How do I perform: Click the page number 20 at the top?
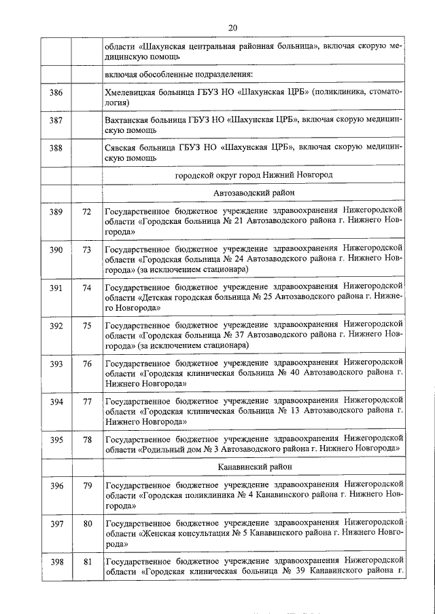coord(232,28)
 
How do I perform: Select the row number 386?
coord(56,92)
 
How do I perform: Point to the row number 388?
coord(56,147)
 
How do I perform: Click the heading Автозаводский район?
coord(254,193)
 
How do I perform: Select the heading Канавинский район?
coord(254,467)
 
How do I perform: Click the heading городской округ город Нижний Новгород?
coord(254,174)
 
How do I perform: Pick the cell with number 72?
coord(86,212)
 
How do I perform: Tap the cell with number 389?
coord(56,212)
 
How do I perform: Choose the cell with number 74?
coord(86,288)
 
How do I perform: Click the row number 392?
coord(56,326)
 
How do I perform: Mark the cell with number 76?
coord(86,364)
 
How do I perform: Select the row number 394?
coord(56,402)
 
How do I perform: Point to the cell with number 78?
coord(86,440)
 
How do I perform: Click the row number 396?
coord(56,486)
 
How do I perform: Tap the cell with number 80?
coord(86,524)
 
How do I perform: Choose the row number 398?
coord(56,561)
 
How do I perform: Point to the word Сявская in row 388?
coord(121,147)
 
